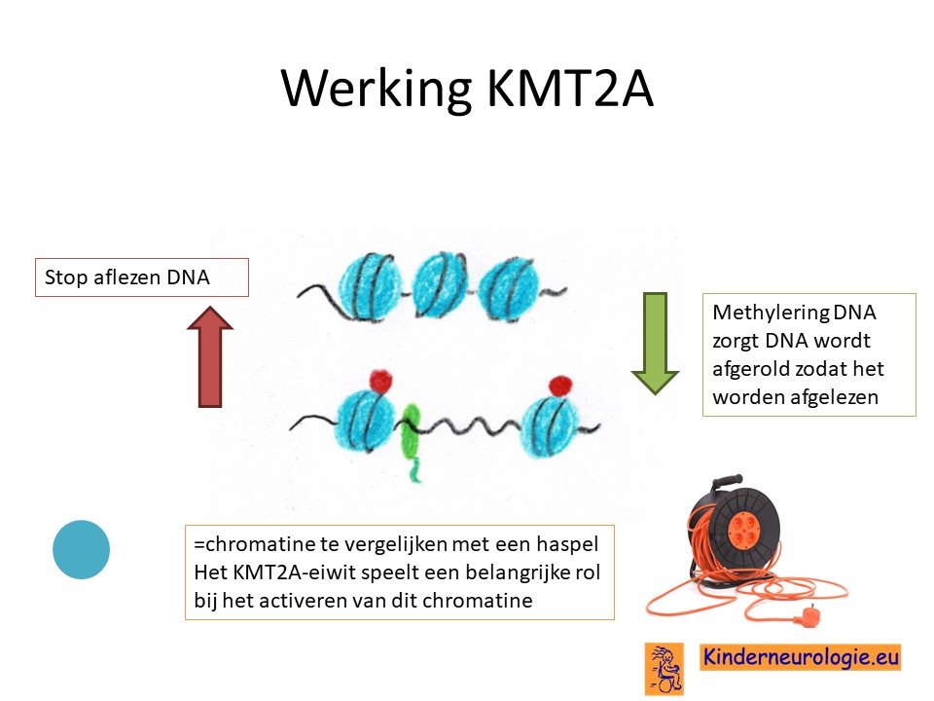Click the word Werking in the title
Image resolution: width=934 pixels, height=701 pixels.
(376, 88)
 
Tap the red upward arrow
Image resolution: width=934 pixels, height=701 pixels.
(210, 356)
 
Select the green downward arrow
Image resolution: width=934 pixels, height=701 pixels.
(655, 344)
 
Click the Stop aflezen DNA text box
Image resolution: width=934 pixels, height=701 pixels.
(142, 277)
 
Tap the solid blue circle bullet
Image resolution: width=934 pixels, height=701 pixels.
(81, 549)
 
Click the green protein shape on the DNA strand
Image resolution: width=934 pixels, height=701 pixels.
(411, 439)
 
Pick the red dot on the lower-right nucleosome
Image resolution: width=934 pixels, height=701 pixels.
(560, 387)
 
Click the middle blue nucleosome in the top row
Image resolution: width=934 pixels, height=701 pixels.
(440, 283)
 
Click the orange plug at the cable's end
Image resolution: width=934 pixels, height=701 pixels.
(808, 614)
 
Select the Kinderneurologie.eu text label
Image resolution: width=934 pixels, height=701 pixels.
(801, 657)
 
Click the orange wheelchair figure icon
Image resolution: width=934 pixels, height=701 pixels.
(665, 669)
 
